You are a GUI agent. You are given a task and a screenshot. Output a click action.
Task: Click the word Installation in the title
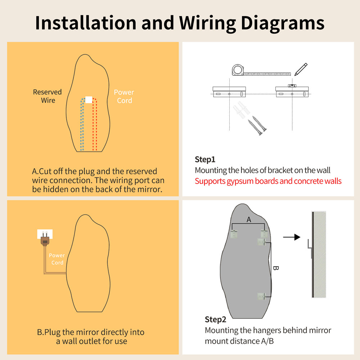point(86,23)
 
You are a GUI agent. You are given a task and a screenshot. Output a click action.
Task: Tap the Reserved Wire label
point(47,96)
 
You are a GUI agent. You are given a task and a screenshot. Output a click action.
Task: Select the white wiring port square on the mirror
point(89,100)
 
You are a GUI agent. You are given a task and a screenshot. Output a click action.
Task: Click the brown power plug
point(45,239)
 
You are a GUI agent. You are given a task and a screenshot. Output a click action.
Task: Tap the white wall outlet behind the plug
point(45,234)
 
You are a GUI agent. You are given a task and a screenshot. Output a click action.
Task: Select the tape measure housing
point(238,70)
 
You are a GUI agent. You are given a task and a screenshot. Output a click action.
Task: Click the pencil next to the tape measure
point(301,69)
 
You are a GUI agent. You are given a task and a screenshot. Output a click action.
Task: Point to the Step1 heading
point(205,159)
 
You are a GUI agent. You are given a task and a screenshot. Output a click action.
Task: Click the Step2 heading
point(215,319)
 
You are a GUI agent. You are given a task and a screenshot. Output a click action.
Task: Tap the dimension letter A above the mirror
point(249,220)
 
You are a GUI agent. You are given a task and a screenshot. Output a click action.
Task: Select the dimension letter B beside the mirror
point(276,268)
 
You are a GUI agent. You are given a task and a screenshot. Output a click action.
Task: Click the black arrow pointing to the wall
point(292,237)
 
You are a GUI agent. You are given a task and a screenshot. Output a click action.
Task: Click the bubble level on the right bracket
point(292,86)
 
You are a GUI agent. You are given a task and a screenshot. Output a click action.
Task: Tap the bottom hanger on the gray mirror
point(261,296)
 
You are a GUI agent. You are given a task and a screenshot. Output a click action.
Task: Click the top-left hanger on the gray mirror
point(234,234)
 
